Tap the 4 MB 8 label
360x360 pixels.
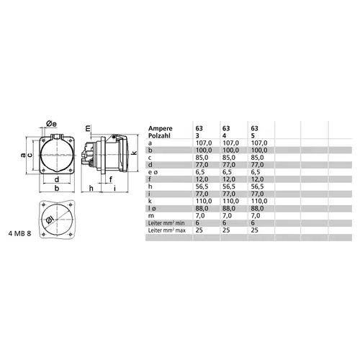pyautogui.click(x=19, y=233)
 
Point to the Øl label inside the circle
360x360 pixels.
pyautogui.click(x=50, y=220)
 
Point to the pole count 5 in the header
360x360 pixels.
pyautogui.click(x=251, y=135)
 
